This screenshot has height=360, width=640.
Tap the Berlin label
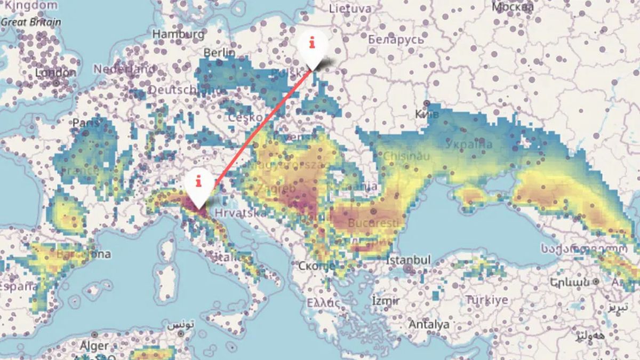(x=219, y=53)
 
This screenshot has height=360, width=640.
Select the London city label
(x=56, y=73)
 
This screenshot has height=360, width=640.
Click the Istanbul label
(x=409, y=260)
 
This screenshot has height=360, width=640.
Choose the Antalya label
(x=429, y=324)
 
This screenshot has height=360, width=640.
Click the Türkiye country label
(x=487, y=300)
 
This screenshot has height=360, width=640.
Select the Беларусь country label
(x=396, y=39)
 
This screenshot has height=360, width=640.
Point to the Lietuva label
(x=350, y=9)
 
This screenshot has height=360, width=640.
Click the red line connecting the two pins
(x=256, y=131)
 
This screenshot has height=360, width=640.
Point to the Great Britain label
(x=30, y=22)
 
